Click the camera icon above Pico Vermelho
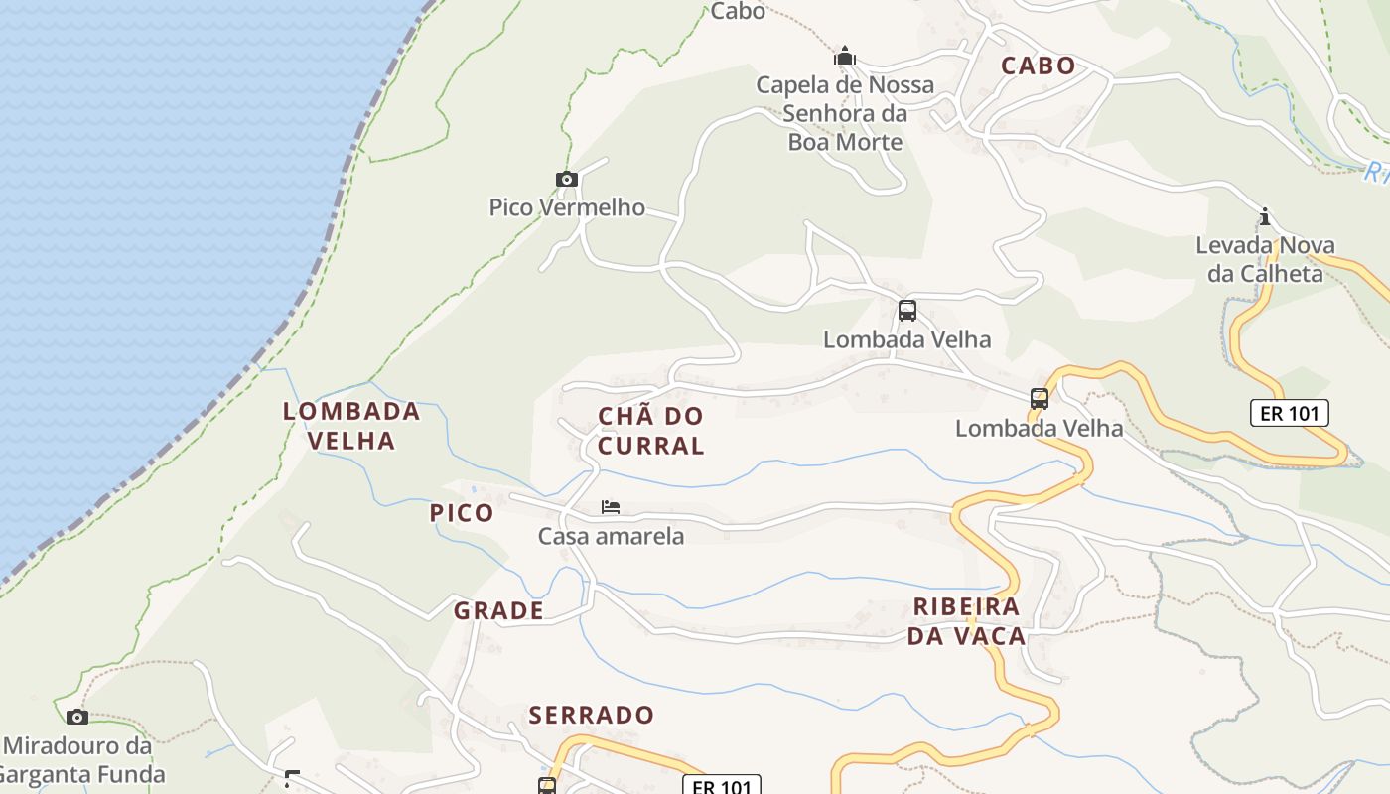point(567,180)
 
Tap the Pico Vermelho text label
point(567,207)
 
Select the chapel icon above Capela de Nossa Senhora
point(845,56)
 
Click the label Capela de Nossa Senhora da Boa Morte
point(845,113)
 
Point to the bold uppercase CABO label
point(1038,66)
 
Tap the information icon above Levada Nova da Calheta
point(1265,216)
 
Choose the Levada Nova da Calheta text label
point(1265,259)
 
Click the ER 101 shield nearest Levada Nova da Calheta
point(1288,413)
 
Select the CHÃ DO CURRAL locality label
point(651,431)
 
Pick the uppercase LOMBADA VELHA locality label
point(351,426)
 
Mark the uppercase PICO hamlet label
point(462,513)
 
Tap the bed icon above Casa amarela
point(611,507)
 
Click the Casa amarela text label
point(611,537)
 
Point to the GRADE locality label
point(498,611)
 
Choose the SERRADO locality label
point(591,715)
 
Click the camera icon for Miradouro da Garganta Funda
point(77,717)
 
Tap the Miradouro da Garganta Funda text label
point(84,759)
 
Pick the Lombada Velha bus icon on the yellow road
point(1040,399)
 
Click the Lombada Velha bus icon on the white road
point(907,311)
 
